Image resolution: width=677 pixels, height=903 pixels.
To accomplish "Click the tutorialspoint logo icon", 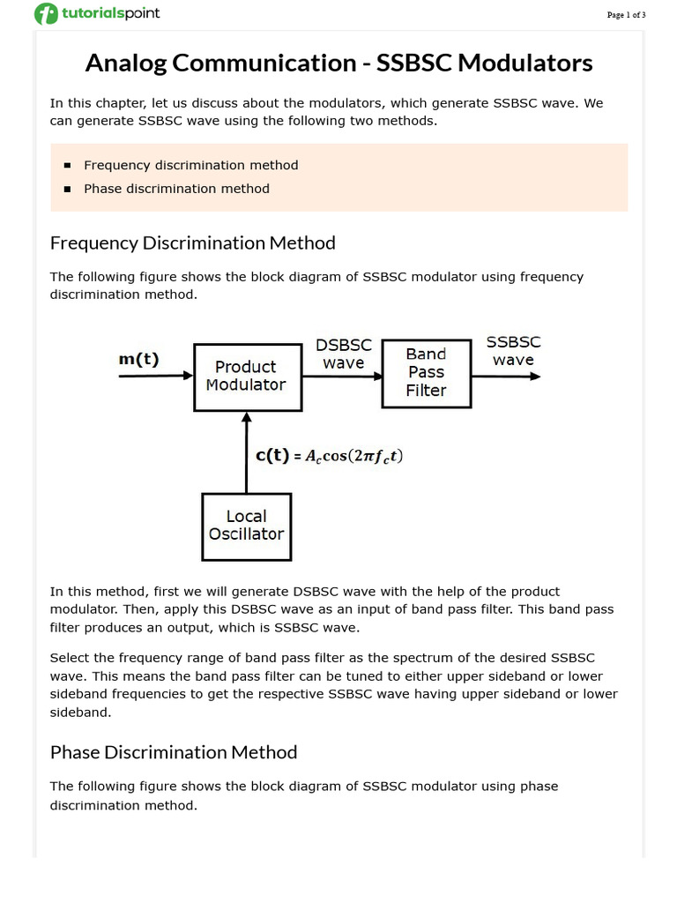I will pyautogui.click(x=46, y=14).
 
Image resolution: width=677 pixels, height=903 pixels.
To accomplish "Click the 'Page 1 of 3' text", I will pyautogui.click(x=626, y=15).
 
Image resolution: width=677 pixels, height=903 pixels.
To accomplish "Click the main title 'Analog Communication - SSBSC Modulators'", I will pyautogui.click(x=338, y=63).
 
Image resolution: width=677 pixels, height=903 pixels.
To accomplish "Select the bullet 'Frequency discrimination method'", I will pyautogui.click(x=190, y=165).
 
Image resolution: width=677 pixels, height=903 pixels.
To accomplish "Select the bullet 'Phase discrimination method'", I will pyautogui.click(x=176, y=189).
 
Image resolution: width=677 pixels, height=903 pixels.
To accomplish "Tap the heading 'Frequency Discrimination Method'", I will pyautogui.click(x=192, y=243).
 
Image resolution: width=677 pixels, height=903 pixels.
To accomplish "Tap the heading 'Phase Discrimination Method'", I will pyautogui.click(x=174, y=752).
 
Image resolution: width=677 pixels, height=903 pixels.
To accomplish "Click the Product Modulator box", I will pyautogui.click(x=246, y=376).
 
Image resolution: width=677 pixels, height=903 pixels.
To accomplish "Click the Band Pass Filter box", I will pyautogui.click(x=426, y=372).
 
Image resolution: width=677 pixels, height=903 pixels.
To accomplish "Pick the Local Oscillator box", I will pyautogui.click(x=246, y=526).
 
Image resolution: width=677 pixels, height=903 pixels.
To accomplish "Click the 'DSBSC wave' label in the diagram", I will pyautogui.click(x=344, y=354).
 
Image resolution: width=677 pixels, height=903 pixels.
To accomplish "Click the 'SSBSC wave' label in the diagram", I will pyautogui.click(x=514, y=351).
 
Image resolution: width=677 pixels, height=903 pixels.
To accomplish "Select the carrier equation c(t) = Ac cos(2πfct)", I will pyautogui.click(x=330, y=456).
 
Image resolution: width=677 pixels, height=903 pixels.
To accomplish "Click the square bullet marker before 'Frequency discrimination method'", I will pyautogui.click(x=67, y=166).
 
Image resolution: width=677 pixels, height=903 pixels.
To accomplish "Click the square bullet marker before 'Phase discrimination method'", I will pyautogui.click(x=67, y=189).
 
